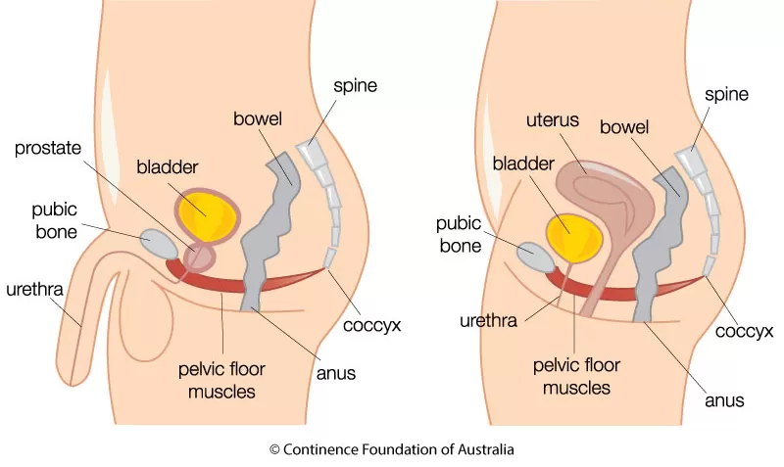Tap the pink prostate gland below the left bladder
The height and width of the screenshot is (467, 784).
pyautogui.click(x=200, y=257)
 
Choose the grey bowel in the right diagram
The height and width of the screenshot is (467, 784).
pyautogui.click(x=655, y=245)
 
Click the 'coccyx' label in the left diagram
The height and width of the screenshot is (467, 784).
pyautogui.click(x=365, y=325)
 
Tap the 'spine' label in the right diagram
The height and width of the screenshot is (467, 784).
pyautogui.click(x=725, y=95)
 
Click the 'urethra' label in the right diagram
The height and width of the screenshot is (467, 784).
pyautogui.click(x=485, y=319)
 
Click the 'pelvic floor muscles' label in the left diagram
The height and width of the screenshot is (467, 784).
pyautogui.click(x=221, y=382)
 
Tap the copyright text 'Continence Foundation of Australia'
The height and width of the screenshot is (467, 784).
pyautogui.click(x=391, y=449)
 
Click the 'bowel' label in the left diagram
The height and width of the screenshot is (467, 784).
pyautogui.click(x=259, y=118)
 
